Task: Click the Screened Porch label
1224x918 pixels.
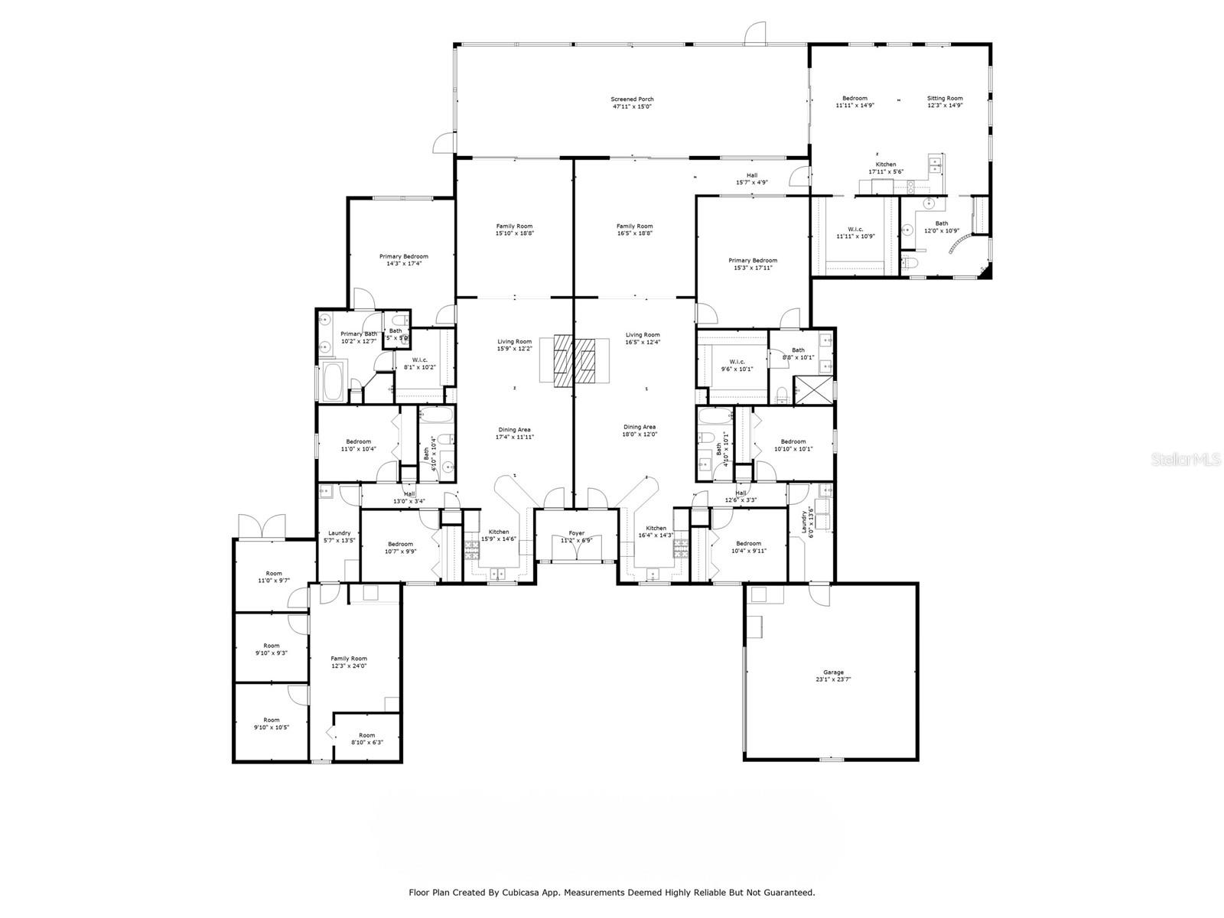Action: pyautogui.click(x=632, y=103)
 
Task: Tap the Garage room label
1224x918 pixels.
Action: pyautogui.click(x=833, y=675)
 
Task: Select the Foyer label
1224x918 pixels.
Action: pyautogui.click(x=576, y=536)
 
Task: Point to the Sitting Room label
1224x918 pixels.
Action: pyautogui.click(x=945, y=102)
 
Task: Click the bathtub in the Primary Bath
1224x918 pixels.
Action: pyautogui.click(x=334, y=382)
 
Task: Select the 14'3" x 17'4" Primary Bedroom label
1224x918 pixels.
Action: pyautogui.click(x=404, y=259)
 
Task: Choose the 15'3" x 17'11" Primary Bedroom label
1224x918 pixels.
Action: pyautogui.click(x=753, y=264)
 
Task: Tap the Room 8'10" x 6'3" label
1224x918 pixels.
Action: pyautogui.click(x=367, y=738)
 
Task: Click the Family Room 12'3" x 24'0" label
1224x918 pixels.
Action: pyautogui.click(x=349, y=662)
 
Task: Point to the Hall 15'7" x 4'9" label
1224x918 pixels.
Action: pyautogui.click(x=751, y=178)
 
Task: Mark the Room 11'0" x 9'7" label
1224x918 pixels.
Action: pyautogui.click(x=274, y=577)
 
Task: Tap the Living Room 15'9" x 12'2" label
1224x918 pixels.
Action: pyautogui.click(x=514, y=345)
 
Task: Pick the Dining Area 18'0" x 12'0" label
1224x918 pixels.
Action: pyautogui.click(x=639, y=430)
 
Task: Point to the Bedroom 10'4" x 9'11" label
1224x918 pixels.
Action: pyautogui.click(x=748, y=546)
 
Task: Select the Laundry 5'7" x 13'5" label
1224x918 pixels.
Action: pyautogui.click(x=339, y=536)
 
